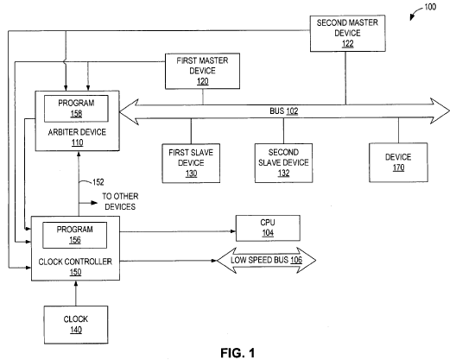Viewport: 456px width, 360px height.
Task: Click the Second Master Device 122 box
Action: (348, 34)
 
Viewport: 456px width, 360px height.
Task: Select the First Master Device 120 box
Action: (202, 71)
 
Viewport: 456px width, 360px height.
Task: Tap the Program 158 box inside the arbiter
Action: (76, 109)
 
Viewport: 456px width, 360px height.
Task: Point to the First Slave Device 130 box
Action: (191, 163)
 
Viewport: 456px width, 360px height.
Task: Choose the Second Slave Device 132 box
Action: (284, 163)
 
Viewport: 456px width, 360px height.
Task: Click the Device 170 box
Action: (398, 162)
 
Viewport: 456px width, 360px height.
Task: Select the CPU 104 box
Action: (268, 228)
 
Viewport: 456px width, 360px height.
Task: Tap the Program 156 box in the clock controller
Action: (75, 235)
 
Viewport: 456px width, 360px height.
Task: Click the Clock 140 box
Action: (76, 325)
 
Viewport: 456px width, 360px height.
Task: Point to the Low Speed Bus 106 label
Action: (266, 260)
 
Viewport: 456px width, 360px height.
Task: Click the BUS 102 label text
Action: (284, 111)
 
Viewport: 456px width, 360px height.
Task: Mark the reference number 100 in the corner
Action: (430, 7)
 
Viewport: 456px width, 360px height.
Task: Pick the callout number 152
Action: (98, 182)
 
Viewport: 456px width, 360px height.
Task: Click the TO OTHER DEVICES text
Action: (120, 201)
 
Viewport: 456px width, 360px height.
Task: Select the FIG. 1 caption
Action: (237, 353)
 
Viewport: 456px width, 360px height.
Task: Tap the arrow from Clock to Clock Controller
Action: (76, 294)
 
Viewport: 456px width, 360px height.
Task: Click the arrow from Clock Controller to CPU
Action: (178, 231)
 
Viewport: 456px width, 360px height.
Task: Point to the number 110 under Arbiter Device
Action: (78, 142)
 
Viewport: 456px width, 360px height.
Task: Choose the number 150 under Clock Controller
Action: (76, 272)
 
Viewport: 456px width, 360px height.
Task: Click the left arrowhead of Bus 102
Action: (129, 112)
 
